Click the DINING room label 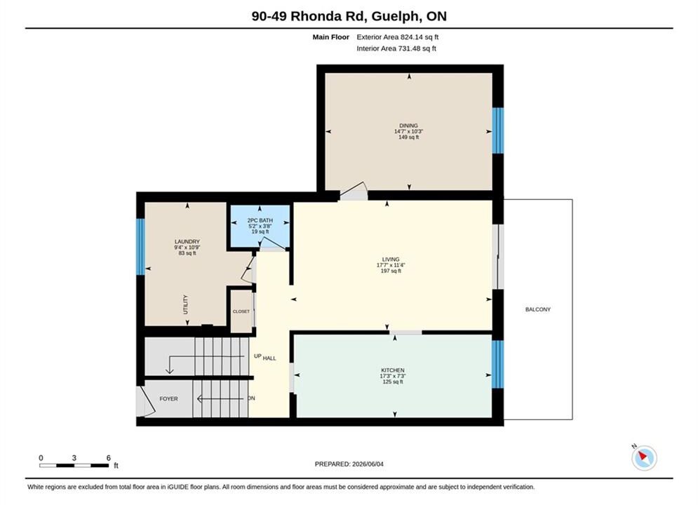409,126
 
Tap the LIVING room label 391,260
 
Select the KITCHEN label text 393,370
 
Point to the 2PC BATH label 260,220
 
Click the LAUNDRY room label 187,241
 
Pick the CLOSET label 241,311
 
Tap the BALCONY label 538,309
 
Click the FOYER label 169,398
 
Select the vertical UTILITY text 186,304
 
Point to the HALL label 269,358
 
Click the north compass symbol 644,457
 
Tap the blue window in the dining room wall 497,131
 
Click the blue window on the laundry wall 141,246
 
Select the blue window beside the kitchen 497,365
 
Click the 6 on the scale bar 108,458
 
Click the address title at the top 349,16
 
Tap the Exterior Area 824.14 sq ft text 398,37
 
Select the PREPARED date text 349,464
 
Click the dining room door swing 354,191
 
